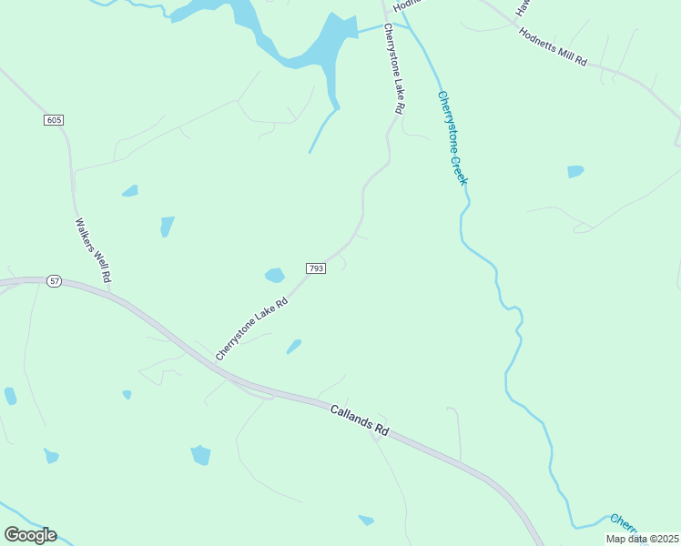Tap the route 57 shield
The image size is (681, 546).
point(55,281)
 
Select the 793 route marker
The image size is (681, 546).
point(316,268)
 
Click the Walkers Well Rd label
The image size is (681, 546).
point(93,249)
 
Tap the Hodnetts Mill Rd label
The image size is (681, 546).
point(553,46)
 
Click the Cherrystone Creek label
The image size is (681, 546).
point(452,137)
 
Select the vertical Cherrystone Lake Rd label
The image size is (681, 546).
point(393,68)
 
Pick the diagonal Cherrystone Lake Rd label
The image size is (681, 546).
point(251,326)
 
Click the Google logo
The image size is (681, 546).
point(30,535)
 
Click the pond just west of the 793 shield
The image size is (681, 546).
point(274,275)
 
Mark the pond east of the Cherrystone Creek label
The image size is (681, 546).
point(575,171)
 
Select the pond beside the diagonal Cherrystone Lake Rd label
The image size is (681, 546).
point(293,347)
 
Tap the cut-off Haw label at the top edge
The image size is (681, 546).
point(522,7)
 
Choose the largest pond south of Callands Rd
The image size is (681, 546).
point(200,455)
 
